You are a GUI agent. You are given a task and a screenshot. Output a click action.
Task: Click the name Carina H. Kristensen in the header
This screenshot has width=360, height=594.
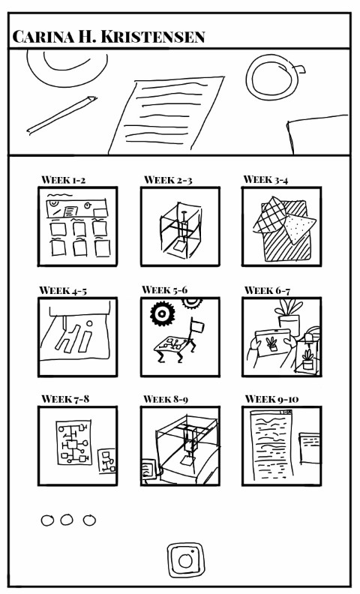point(109,37)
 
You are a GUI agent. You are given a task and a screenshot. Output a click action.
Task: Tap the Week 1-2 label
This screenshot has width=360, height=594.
point(63,179)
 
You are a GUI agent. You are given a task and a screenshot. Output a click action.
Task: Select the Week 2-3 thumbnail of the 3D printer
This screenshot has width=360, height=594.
point(180,226)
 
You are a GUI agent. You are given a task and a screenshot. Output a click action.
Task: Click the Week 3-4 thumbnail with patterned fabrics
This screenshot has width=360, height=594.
point(281,226)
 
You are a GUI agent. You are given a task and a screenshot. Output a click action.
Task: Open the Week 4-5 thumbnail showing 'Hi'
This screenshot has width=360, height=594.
point(77,337)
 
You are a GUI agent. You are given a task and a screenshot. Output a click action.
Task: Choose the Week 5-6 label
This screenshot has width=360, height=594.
point(164,290)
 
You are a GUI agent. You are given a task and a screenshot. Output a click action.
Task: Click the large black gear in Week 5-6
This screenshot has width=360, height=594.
point(163,313)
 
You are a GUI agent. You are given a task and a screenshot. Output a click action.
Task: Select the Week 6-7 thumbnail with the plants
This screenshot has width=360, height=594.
point(281,337)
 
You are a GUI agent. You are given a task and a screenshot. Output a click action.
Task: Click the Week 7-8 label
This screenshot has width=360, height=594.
point(65,399)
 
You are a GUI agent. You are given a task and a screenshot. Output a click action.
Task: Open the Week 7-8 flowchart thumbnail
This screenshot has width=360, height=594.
point(77,446)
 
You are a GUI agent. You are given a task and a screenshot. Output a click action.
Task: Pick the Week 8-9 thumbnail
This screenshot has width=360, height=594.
point(180,446)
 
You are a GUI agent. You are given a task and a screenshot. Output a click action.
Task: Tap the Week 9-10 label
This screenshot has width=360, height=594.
point(271,399)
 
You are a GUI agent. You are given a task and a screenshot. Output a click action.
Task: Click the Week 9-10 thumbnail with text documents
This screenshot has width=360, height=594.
point(281,446)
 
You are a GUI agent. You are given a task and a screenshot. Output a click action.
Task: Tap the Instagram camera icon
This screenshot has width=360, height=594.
point(186,560)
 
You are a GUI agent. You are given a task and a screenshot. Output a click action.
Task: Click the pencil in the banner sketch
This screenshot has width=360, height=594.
point(61,115)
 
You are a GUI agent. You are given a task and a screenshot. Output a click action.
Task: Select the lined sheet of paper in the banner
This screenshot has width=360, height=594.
point(166,115)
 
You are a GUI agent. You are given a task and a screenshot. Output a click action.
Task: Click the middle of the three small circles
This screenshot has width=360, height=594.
point(67,520)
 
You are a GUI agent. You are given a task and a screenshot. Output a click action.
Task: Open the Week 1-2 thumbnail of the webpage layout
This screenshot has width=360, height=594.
point(77,226)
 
